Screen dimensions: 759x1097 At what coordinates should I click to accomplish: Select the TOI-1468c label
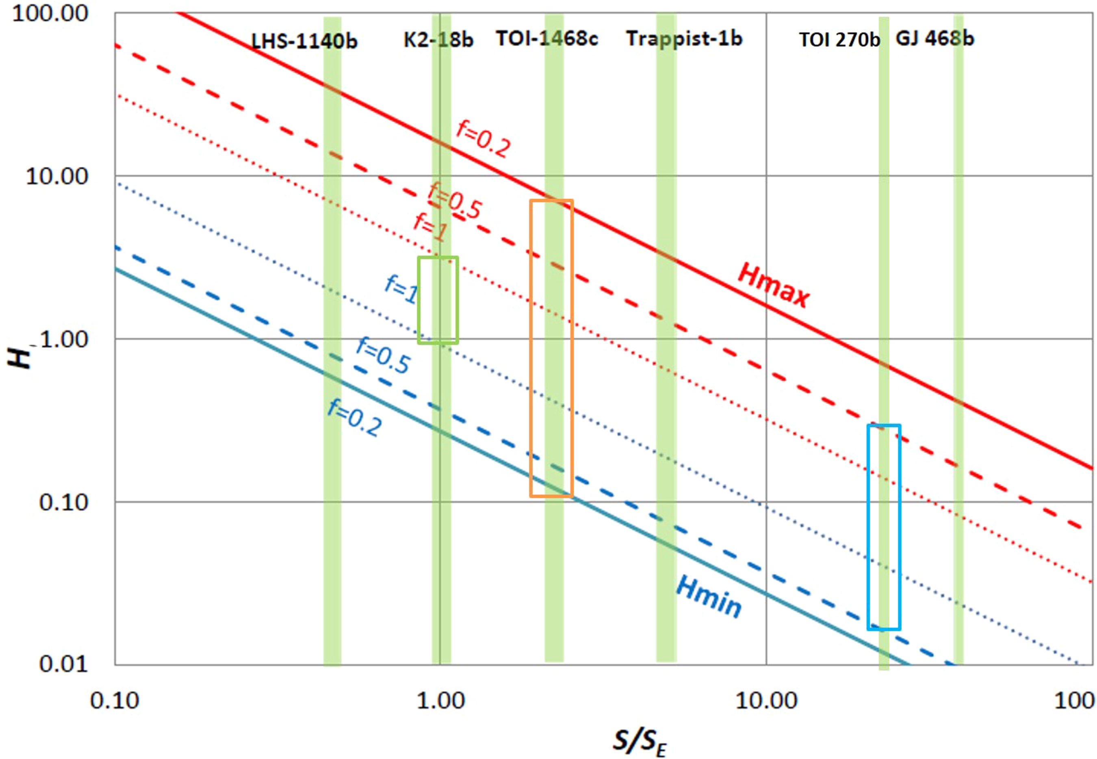tap(547, 39)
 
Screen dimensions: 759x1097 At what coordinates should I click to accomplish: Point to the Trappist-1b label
tap(684, 39)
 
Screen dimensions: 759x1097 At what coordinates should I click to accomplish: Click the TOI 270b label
tap(839, 40)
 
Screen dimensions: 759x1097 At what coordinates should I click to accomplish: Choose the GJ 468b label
tap(935, 39)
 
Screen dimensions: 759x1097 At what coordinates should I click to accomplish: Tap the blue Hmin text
tap(709, 597)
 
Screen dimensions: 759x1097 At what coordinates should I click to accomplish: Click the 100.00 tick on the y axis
tap(50, 13)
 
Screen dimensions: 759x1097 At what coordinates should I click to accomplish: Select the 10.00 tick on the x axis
tap(766, 701)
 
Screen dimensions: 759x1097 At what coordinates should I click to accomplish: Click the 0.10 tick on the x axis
tap(115, 701)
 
